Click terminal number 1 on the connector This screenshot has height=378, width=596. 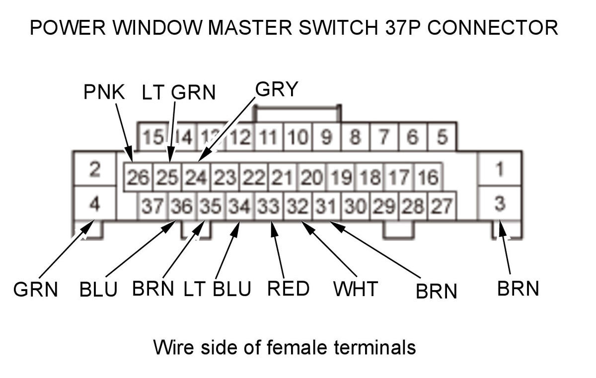click(x=499, y=169)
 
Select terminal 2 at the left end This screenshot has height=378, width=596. click(x=95, y=169)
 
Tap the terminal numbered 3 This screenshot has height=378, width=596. click(x=499, y=203)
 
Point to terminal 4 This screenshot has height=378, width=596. click(x=95, y=203)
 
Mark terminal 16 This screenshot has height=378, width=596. click(x=428, y=177)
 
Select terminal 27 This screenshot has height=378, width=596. click(x=442, y=205)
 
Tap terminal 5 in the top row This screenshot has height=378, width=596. click(x=442, y=136)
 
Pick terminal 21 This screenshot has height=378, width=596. click(x=282, y=177)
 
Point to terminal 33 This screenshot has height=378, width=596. click(x=268, y=205)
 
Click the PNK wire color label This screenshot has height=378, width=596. click(x=103, y=92)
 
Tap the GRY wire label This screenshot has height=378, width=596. click(x=277, y=89)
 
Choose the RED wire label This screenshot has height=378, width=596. click(x=288, y=289)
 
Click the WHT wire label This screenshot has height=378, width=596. click(x=356, y=289)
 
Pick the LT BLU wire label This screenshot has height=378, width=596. click(x=217, y=289)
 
